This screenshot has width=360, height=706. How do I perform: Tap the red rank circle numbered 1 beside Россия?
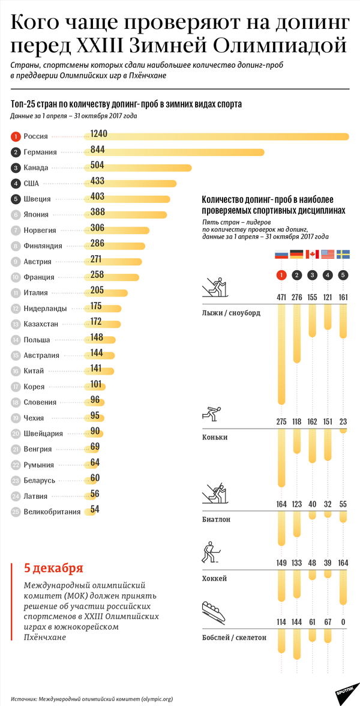(x=16, y=137)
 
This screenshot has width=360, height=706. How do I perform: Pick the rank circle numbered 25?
(x=16, y=511)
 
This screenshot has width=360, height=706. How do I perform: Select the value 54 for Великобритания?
(x=95, y=509)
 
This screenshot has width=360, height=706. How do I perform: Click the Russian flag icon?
(x=281, y=254)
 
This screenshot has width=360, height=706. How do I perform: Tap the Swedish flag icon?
(x=343, y=254)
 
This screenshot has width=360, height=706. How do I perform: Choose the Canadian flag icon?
(x=312, y=254)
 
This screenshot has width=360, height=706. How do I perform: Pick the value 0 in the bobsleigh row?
(x=343, y=622)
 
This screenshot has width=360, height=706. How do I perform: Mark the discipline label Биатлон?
(x=216, y=519)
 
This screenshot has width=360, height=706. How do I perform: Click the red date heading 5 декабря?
(x=53, y=568)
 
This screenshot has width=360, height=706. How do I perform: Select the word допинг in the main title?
(x=308, y=23)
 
